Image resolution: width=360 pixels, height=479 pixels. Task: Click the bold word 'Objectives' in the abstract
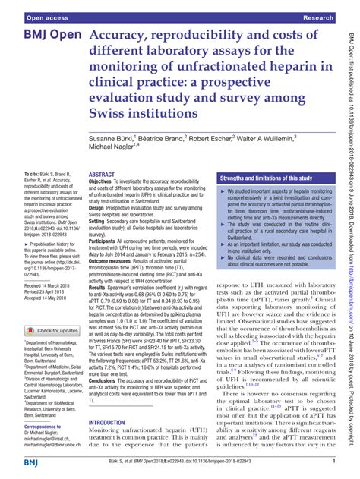[105, 183]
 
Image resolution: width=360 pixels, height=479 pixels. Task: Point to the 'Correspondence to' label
[47, 427]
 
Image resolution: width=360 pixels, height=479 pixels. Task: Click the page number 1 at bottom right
[333, 462]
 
